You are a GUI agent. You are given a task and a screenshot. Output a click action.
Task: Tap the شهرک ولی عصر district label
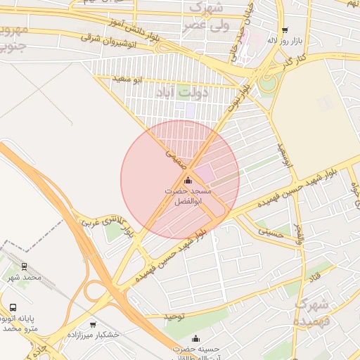click(204, 18)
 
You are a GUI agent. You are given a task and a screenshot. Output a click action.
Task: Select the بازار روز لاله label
click(282, 40)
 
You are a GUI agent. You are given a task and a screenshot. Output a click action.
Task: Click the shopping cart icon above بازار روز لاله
click(284, 30)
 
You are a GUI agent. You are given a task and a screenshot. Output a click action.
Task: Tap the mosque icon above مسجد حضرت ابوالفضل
click(187, 181)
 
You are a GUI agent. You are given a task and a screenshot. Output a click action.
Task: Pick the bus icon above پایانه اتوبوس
click(13, 307)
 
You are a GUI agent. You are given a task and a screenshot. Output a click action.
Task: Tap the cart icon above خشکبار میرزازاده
click(93, 324)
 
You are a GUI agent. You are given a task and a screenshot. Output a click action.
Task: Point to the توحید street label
click(174, 317)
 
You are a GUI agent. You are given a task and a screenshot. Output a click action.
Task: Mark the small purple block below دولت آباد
click(190, 110)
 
